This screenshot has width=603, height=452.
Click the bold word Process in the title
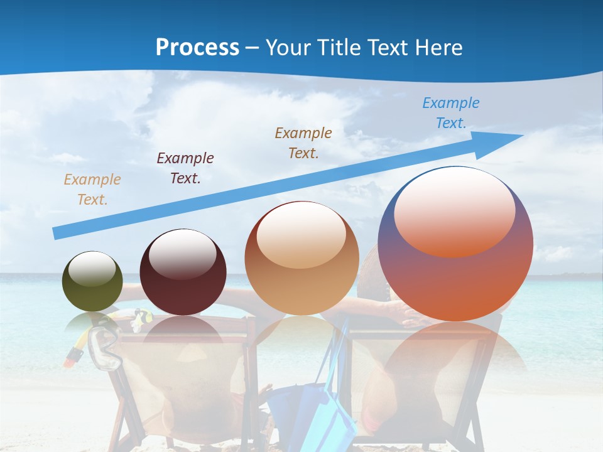[x=197, y=48]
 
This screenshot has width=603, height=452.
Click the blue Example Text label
[x=450, y=113]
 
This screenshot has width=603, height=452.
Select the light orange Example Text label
[x=92, y=190]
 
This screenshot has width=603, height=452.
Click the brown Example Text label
[x=303, y=143]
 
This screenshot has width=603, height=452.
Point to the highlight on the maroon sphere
[x=182, y=253]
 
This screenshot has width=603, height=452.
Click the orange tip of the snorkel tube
[x=72, y=358]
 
